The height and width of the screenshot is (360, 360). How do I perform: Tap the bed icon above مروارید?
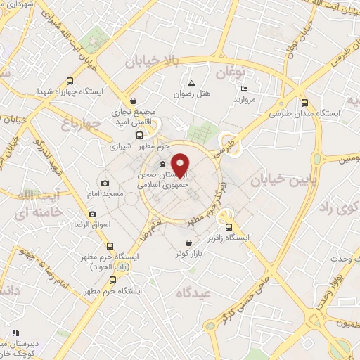point(244,89)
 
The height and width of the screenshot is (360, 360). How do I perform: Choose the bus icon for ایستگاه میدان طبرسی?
point(304,101)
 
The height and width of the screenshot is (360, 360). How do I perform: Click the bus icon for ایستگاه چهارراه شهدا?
point(69,81)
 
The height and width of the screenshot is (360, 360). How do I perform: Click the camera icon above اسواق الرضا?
point(92,214)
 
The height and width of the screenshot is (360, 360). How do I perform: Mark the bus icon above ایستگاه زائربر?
point(229,226)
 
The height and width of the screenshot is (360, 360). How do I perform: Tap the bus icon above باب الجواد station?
point(110,246)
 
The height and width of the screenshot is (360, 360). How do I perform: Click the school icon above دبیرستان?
point(15,333)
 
